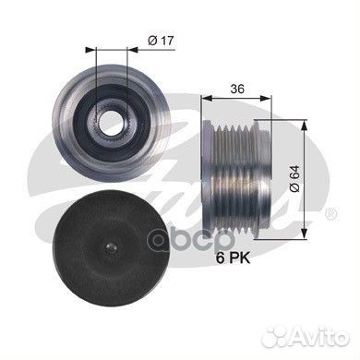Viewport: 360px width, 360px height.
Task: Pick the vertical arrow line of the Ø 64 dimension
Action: tap(305, 175)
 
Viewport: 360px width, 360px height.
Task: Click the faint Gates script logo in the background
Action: tap(185, 185)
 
